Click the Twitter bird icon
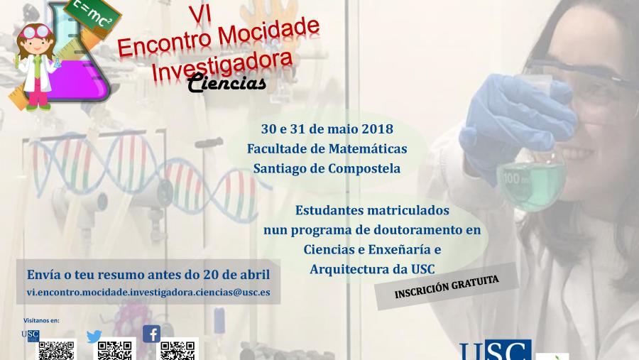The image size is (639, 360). [x=94, y=337]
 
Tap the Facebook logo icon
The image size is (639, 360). [x=151, y=334]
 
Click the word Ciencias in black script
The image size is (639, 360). [x=227, y=84]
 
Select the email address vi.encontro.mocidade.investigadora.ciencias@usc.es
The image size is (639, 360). [x=148, y=292]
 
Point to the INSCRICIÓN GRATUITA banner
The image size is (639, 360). [x=447, y=285]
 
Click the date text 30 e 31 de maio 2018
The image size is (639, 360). [x=327, y=129]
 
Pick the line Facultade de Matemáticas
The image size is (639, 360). [x=327, y=149]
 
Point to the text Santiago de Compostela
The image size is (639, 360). [x=327, y=169]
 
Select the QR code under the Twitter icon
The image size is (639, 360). [x=115, y=351]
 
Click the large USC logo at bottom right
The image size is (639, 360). [x=495, y=351]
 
